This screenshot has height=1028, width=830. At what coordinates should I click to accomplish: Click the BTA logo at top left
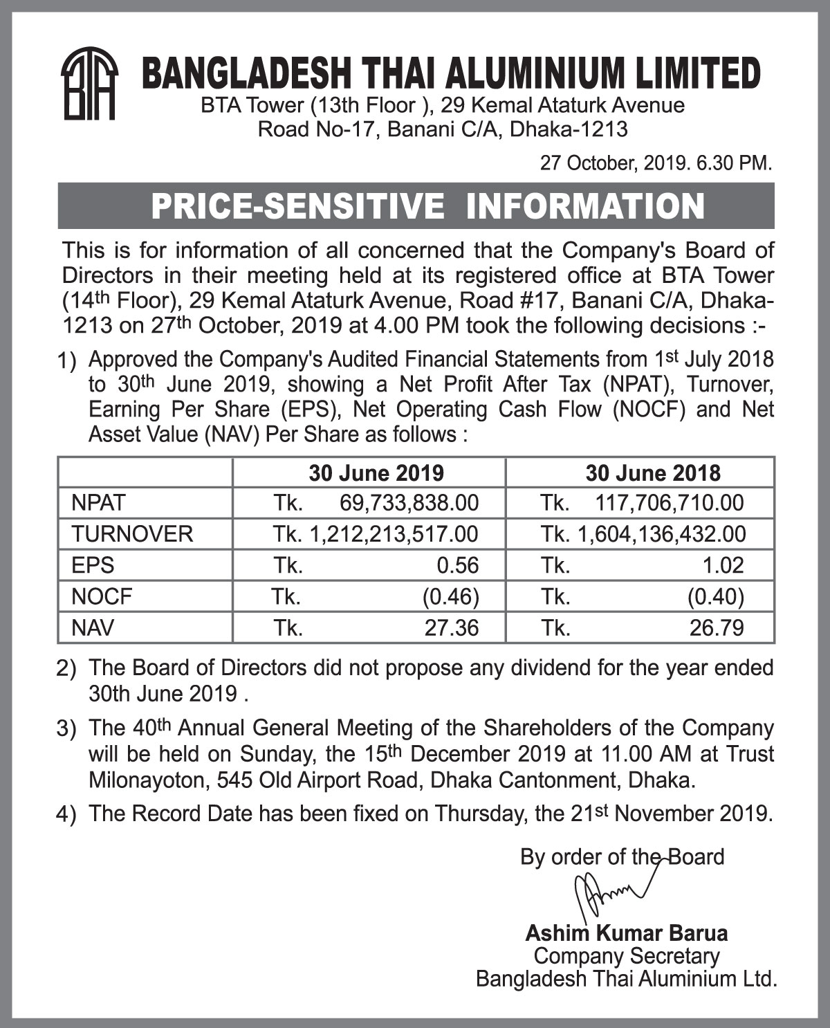(x=89, y=83)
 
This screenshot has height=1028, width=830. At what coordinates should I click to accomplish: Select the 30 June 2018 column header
(x=652, y=473)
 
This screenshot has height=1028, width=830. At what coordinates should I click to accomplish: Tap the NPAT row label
(x=98, y=502)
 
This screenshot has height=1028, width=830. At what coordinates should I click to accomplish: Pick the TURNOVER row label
(x=132, y=534)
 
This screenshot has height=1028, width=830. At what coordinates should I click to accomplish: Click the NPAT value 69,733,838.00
(x=409, y=502)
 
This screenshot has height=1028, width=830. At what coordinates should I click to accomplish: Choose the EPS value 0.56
(x=457, y=565)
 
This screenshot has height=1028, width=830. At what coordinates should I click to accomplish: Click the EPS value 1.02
(x=723, y=565)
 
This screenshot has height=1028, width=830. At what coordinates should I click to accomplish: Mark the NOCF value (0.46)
(x=451, y=596)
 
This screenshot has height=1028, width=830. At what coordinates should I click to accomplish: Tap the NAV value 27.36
(x=451, y=627)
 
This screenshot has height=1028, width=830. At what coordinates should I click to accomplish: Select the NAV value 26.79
(x=717, y=627)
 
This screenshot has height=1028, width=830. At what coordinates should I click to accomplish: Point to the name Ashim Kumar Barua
(x=626, y=933)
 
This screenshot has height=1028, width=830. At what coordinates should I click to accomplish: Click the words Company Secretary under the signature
(x=627, y=956)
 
